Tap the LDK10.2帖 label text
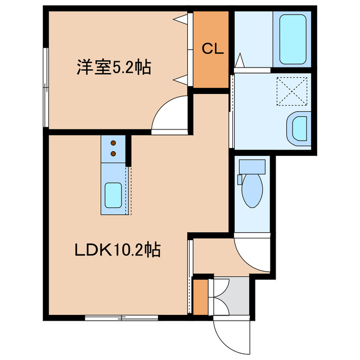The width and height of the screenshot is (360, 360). click(118, 249)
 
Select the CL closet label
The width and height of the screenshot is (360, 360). click(213, 49)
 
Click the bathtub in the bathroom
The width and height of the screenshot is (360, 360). click(292, 38)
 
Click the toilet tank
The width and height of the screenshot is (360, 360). click(251, 166)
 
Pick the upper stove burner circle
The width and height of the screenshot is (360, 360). click(113, 143)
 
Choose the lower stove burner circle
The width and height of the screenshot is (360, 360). click(113, 152)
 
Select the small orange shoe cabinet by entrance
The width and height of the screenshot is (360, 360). click(200, 296)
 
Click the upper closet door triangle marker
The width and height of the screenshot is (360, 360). click(181, 20)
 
